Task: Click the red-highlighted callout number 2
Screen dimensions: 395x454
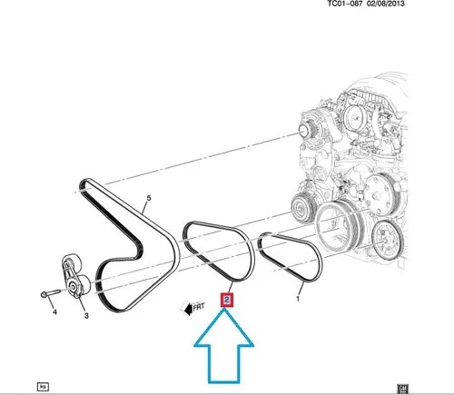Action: (x=229, y=297)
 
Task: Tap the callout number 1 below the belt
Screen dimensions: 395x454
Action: (x=299, y=295)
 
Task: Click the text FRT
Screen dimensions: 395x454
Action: (x=199, y=308)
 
